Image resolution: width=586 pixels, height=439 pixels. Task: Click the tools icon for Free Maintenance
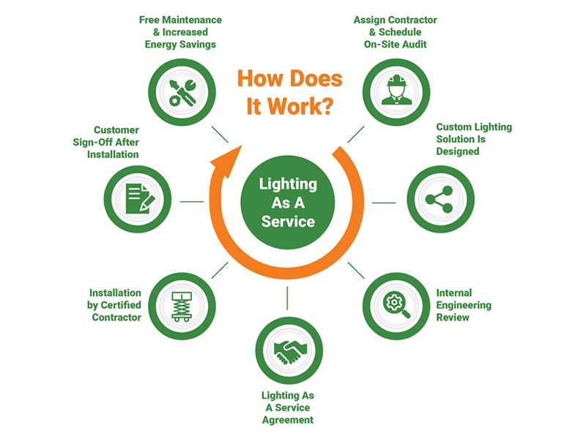pyautogui.click(x=182, y=93)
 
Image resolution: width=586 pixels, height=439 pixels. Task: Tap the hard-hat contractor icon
pyautogui.click(x=396, y=90)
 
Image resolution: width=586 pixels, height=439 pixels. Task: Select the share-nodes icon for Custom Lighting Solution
pyautogui.click(x=439, y=199)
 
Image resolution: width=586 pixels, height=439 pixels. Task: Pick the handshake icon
pyautogui.click(x=289, y=352)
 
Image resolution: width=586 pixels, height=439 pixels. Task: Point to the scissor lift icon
pyautogui.click(x=182, y=307)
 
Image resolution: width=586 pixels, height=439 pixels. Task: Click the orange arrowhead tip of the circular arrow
pyautogui.click(x=242, y=146)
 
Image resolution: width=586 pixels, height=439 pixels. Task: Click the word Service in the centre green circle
pyautogui.click(x=288, y=222)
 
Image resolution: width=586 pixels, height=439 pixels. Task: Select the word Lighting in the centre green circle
pyautogui.click(x=288, y=184)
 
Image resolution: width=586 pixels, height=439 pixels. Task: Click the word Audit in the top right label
pyautogui.click(x=415, y=45)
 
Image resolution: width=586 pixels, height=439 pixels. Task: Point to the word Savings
pyautogui.click(x=197, y=45)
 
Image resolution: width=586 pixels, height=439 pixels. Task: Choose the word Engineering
pyautogui.click(x=464, y=305)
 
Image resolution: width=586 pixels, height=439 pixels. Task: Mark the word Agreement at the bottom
pyautogui.click(x=288, y=420)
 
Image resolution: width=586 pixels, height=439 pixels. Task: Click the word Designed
pyautogui.click(x=457, y=151)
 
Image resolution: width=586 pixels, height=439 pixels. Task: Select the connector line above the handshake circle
pyautogui.click(x=287, y=298)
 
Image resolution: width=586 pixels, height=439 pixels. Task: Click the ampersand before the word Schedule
pyautogui.click(x=372, y=32)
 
